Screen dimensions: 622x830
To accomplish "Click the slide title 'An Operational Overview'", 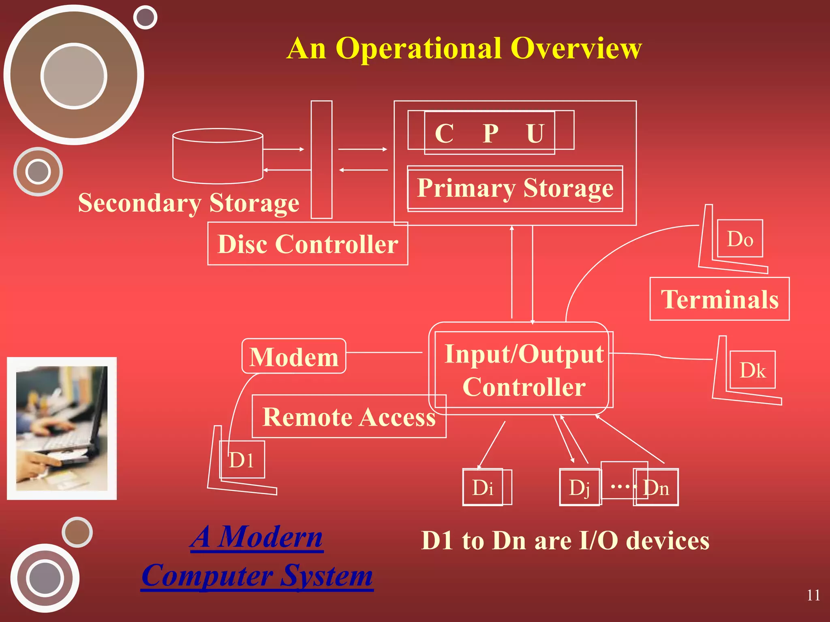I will click(464, 49).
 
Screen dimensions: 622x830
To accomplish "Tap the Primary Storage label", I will click(515, 188).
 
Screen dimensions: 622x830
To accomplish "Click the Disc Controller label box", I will click(308, 244).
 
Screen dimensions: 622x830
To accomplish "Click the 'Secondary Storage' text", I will click(188, 202).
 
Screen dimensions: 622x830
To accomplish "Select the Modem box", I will click(294, 356).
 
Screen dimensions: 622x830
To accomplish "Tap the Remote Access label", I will click(349, 417).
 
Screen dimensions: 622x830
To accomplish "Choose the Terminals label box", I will click(719, 299).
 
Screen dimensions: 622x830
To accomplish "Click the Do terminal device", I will click(740, 239).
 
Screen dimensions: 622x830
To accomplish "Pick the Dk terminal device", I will click(753, 370).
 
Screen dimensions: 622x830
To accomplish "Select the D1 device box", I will click(242, 460).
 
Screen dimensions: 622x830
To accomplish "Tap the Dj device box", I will click(580, 488).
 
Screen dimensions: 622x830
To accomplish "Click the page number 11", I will click(813, 595).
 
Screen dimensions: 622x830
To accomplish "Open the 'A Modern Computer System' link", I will click(257, 556).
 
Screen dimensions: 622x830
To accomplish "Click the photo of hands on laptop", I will click(62, 428).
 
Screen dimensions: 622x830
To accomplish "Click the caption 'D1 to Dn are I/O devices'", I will click(565, 541).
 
